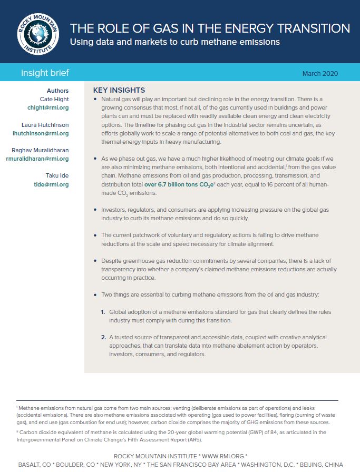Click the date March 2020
[320, 73]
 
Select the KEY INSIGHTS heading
[119, 90]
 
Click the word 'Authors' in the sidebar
[57, 91]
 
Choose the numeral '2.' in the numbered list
[103, 337]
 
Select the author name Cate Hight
[54, 99]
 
